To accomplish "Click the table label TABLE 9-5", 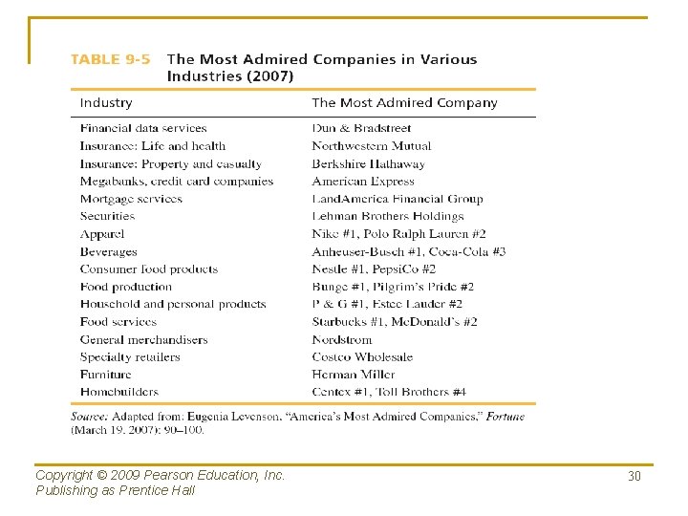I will click(x=110, y=59).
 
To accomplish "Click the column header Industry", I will click(x=106, y=103).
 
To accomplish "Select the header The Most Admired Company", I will click(x=404, y=103).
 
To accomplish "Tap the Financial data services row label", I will click(x=143, y=128).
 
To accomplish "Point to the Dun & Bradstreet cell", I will click(x=361, y=128).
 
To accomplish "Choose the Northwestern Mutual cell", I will click(x=371, y=146).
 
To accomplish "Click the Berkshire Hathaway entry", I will click(x=368, y=163).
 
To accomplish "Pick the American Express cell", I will click(x=363, y=182).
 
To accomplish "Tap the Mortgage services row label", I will click(x=131, y=199).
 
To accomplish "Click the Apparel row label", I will click(x=102, y=234).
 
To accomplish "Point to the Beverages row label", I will click(x=109, y=251).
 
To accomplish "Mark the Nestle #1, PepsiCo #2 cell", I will click(x=374, y=269).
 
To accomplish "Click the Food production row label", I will click(x=126, y=287).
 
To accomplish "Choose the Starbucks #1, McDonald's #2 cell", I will click(x=395, y=322).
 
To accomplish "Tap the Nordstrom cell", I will click(x=341, y=339).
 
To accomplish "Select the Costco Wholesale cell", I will click(x=362, y=357).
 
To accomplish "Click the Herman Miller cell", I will click(x=353, y=375).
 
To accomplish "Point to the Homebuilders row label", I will click(x=119, y=392).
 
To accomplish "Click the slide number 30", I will click(x=634, y=476).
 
